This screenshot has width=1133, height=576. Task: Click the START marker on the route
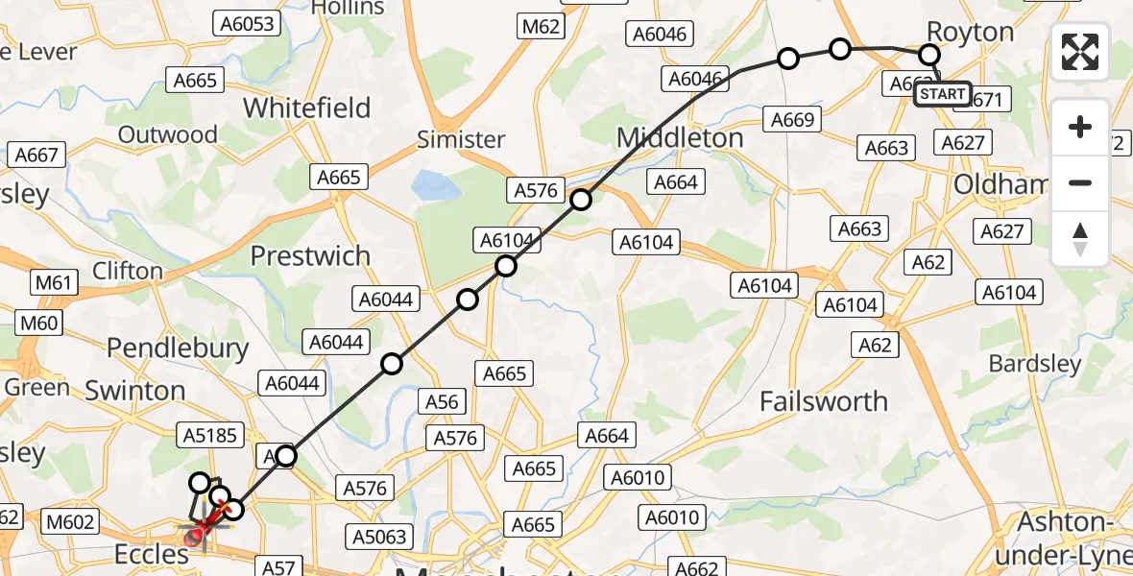coord(942,94)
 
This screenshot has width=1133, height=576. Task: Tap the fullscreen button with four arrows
coord(1080,52)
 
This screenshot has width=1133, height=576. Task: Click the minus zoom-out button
coord(1080,182)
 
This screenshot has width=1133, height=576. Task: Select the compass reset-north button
coord(1080,239)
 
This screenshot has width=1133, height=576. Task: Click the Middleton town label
coord(680,137)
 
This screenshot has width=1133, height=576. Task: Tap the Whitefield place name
coord(306,108)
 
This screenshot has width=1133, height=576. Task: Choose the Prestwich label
coord(310,256)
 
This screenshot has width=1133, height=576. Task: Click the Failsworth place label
coord(824,400)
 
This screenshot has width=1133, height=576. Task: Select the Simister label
coord(461,139)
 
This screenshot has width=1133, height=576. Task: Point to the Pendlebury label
coord(178,348)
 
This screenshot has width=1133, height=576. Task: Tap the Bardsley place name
coord(1035,364)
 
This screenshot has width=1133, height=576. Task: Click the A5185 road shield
coord(208,436)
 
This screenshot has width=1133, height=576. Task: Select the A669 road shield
coord(793,119)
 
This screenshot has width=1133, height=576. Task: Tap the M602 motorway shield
coord(71,521)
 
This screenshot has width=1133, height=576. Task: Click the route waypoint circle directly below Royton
coord(930,55)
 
